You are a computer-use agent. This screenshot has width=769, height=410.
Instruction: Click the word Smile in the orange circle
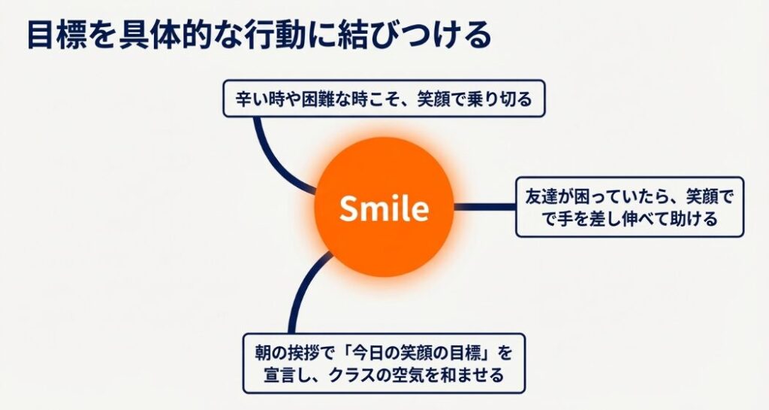coord(384,208)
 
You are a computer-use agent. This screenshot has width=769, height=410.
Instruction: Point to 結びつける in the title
coord(411,35)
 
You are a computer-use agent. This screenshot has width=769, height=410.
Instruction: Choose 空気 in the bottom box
coord(416,375)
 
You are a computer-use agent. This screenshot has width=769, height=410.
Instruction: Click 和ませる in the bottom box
coord(480,375)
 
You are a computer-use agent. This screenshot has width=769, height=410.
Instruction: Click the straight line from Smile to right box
coord(484,207)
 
